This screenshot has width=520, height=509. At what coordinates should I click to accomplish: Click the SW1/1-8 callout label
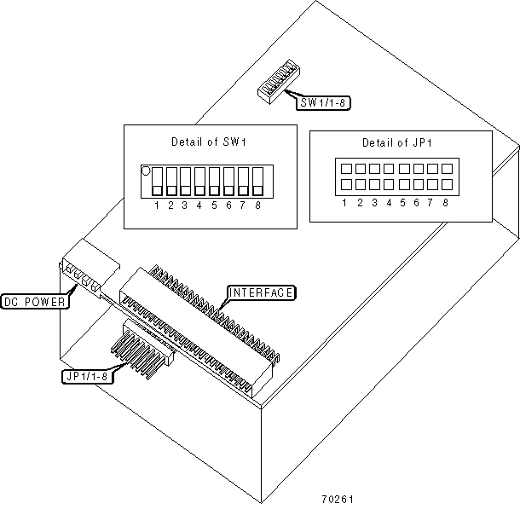pyautogui.click(x=325, y=103)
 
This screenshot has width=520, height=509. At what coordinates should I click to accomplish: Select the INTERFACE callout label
pyautogui.click(x=261, y=293)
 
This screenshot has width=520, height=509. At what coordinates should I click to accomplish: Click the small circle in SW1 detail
pyautogui.click(x=146, y=171)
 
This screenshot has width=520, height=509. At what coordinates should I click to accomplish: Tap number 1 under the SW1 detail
pyautogui.click(x=157, y=205)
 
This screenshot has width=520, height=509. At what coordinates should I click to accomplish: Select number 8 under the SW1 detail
pyautogui.click(x=257, y=205)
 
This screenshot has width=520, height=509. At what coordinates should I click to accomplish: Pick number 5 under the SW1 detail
pyautogui.click(x=214, y=205)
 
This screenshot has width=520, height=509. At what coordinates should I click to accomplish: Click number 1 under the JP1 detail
pyautogui.click(x=344, y=202)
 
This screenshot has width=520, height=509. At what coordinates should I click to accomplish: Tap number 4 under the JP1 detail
pyautogui.click(x=388, y=202)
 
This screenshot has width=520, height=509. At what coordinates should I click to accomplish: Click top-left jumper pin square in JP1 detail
pyautogui.click(x=344, y=167)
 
